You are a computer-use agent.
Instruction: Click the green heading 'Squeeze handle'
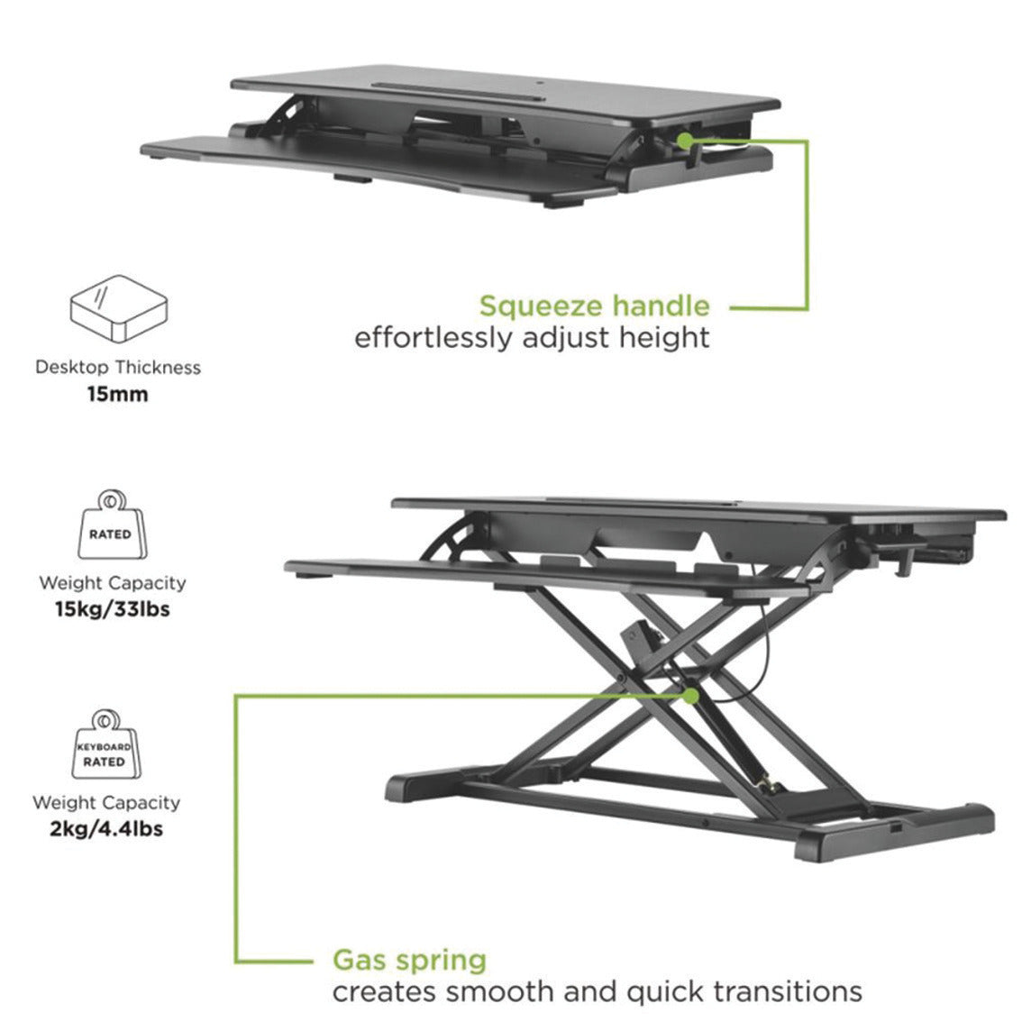coord(594,306)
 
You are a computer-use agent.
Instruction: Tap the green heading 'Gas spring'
coord(409,960)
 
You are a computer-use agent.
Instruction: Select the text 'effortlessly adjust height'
coord(532,339)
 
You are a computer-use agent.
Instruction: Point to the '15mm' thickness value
coord(117,394)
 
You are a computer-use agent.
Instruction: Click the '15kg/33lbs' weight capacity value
coord(113,608)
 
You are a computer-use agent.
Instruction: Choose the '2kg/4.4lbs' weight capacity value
coord(107,827)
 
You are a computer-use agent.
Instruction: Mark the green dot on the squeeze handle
coord(685,140)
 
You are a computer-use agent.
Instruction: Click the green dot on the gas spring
coord(690,696)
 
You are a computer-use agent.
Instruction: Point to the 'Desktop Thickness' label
coord(118,368)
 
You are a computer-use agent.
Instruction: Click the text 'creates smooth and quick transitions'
coord(597,992)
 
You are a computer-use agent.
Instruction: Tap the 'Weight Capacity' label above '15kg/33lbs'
coord(113,583)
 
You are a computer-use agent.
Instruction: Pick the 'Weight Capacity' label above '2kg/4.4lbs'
coord(106,802)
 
